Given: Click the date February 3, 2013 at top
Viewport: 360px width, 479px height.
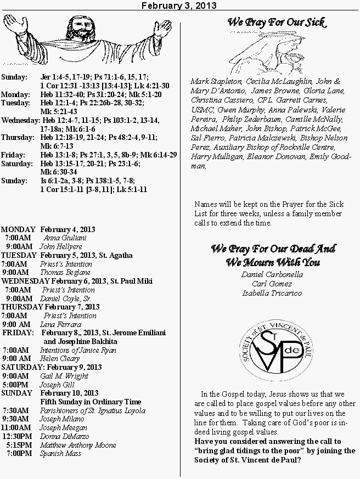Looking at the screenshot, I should [x=179, y=5].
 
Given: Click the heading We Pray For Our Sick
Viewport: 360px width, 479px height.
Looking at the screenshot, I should [x=276, y=23].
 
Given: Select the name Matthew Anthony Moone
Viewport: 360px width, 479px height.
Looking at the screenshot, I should [x=78, y=445].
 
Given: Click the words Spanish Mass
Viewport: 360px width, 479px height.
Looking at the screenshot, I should [x=60, y=453].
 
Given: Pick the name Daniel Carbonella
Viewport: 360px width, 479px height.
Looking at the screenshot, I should [x=272, y=274].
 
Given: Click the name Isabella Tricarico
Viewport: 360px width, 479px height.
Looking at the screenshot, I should [x=272, y=292].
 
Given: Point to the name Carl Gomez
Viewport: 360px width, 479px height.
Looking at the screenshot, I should [x=272, y=284].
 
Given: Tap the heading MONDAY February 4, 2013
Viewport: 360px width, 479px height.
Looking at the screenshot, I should [x=48, y=229].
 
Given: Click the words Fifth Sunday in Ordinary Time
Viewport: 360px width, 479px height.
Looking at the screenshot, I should [x=91, y=402].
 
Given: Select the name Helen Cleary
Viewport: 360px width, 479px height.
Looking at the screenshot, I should [x=60, y=358].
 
